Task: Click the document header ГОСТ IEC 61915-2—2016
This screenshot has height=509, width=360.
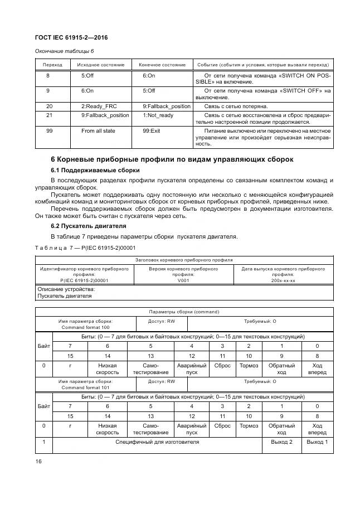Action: (x=71, y=37)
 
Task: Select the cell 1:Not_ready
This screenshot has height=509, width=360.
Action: (x=158, y=115)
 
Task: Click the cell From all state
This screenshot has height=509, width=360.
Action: (x=98, y=130)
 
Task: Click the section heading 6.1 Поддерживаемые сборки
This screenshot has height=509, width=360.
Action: (x=95, y=170)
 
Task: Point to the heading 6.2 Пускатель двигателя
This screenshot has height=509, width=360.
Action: (x=89, y=226)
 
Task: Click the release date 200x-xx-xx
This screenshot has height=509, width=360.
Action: (x=283, y=280)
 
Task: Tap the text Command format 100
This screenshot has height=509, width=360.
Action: (x=85, y=327)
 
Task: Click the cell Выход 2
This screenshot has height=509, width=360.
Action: (x=281, y=442)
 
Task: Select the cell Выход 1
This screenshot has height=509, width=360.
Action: (x=317, y=442)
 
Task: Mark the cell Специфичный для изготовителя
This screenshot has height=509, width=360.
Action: (x=157, y=442)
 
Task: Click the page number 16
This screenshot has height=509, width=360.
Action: (x=38, y=461)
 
